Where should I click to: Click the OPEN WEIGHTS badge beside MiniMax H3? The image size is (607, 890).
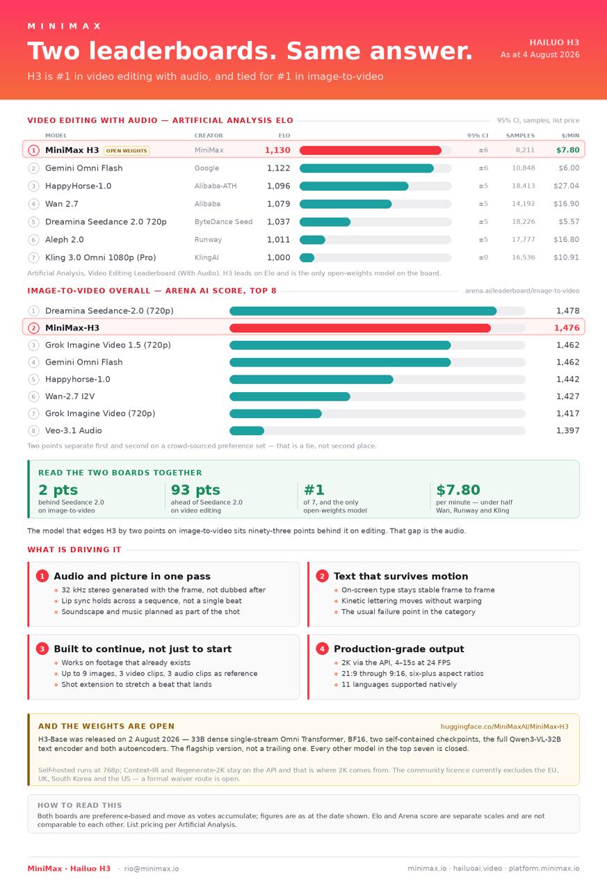127,151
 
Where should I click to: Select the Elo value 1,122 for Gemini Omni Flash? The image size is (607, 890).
279,168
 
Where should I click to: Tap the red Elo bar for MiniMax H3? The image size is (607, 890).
370,150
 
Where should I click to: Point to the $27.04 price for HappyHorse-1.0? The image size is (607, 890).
566,186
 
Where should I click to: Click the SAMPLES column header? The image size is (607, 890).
520,136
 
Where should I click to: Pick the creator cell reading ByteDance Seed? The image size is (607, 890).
223,221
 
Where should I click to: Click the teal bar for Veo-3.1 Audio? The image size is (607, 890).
247,430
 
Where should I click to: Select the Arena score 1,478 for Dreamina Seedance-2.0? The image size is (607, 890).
567,311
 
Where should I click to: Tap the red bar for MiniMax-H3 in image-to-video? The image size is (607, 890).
360,327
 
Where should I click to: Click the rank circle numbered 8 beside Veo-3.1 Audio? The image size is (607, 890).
33,430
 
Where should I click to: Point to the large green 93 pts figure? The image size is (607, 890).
195,489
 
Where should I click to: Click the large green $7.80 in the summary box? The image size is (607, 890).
458,489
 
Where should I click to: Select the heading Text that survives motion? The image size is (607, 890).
400,576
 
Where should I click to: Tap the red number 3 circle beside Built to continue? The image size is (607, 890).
42,649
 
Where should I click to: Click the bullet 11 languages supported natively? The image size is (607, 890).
399,684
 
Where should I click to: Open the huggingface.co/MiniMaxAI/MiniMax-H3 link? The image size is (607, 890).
505,727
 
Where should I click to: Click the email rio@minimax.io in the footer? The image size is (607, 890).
152,868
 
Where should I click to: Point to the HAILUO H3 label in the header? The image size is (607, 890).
554,42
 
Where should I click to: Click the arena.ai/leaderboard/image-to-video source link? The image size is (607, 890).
522,291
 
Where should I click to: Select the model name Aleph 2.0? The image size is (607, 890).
65,240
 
